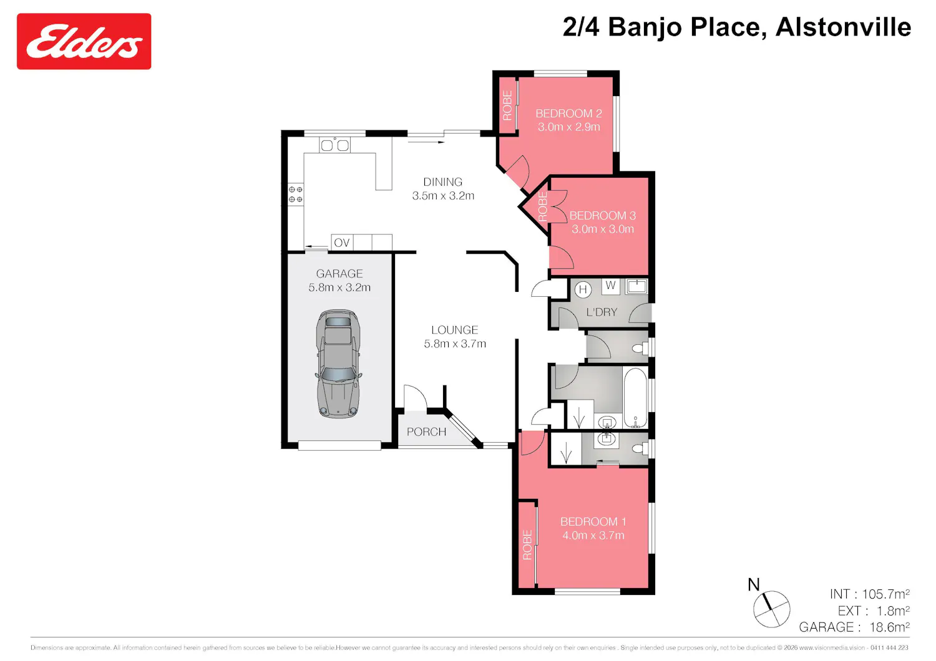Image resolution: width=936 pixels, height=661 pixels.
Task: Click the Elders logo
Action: (x=84, y=41)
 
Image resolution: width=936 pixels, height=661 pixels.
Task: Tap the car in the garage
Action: (x=338, y=364)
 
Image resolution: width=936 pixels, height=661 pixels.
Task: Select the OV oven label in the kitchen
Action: (x=342, y=243)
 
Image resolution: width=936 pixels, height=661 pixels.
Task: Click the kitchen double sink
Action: (x=334, y=145)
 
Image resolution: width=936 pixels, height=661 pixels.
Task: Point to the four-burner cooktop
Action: (x=295, y=195)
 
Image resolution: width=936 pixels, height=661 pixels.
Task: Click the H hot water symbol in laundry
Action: (x=583, y=289)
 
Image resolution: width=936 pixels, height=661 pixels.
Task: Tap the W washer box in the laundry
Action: (x=610, y=286)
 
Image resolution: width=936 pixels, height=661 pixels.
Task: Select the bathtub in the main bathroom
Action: (x=635, y=398)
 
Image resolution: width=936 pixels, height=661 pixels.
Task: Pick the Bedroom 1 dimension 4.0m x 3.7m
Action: (x=593, y=535)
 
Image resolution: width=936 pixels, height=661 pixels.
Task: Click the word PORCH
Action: (x=426, y=432)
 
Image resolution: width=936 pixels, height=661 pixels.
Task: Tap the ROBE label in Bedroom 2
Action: (x=507, y=105)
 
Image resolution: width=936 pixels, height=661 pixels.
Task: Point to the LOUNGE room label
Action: (x=455, y=330)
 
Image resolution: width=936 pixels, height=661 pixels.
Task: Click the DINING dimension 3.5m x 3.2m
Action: (x=443, y=196)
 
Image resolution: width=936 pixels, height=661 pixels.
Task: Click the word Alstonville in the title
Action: (x=843, y=27)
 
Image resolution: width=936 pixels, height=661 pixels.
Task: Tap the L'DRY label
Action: (x=602, y=312)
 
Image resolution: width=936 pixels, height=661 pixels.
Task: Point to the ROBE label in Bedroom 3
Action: (x=542, y=206)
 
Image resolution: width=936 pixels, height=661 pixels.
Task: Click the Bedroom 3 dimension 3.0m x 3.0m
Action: (x=603, y=229)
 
